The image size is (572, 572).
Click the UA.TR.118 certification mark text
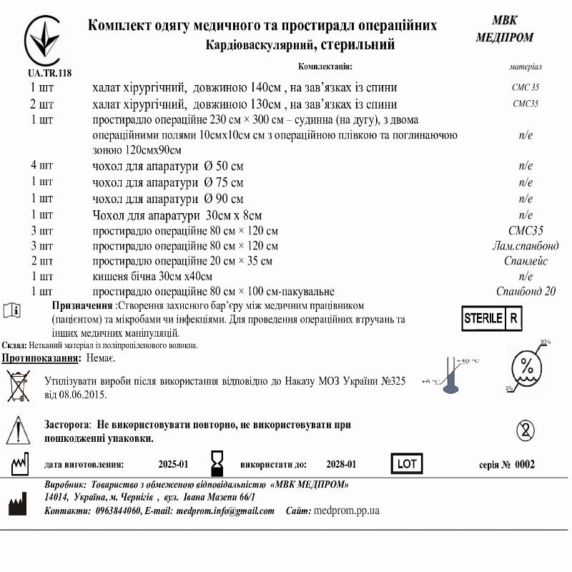[x=44, y=73]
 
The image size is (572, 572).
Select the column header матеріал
[x=526, y=66]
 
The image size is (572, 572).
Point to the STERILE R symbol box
[x=492, y=319]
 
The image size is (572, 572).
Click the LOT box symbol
[x=406, y=464]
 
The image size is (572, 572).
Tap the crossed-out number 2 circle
[x=526, y=430]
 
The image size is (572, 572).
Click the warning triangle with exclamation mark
[x=18, y=430]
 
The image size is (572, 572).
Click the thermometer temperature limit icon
[x=450, y=374]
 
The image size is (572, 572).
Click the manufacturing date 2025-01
[x=173, y=464]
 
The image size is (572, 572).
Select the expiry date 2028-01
[x=341, y=464]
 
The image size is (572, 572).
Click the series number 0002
[x=525, y=464]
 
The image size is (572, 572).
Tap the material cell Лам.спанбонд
[x=522, y=246]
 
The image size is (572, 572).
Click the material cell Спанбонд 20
[x=526, y=291]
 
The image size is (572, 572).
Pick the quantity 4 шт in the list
[x=41, y=166]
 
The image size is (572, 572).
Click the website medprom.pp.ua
[x=346, y=511]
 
